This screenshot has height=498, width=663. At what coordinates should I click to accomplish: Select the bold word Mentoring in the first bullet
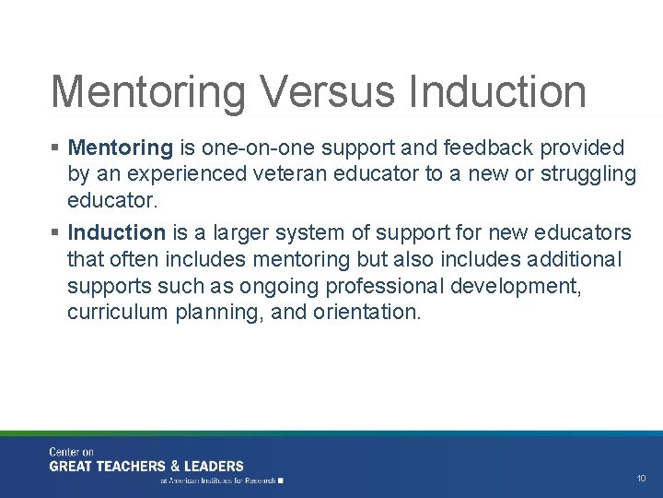tap(121, 148)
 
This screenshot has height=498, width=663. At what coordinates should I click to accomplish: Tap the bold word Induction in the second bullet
tap(117, 232)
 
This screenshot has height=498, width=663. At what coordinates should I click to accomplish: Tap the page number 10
tap(641, 479)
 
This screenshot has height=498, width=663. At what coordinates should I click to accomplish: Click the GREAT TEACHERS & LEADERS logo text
tap(146, 466)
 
